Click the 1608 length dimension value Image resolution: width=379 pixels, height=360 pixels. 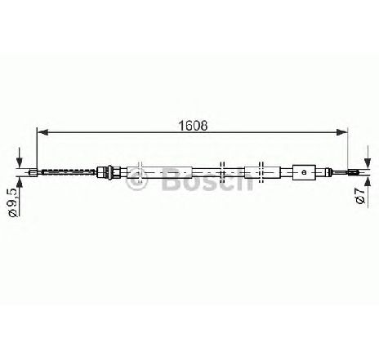[193, 126]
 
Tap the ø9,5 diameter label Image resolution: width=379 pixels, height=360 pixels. [14, 202]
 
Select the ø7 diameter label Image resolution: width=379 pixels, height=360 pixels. [360, 195]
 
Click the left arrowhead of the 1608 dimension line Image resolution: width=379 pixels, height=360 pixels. [42, 132]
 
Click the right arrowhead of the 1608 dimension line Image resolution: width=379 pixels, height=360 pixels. [342, 132]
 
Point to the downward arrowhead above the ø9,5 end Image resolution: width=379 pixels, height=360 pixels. [19, 162]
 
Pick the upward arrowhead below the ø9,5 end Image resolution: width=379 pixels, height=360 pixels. [19, 182]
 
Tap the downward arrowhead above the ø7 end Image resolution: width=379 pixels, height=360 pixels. [368, 162]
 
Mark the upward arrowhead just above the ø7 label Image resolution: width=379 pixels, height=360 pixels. [368, 181]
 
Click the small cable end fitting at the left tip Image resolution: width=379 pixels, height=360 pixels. [33, 172]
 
